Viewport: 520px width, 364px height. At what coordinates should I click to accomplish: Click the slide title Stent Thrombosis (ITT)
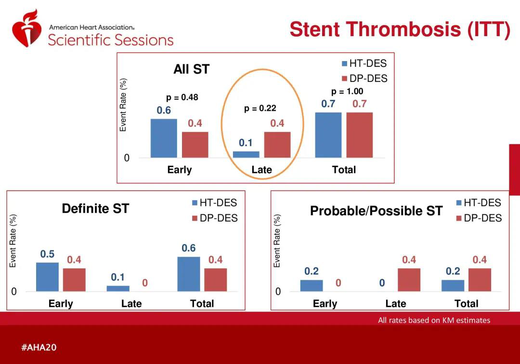tap(400, 29)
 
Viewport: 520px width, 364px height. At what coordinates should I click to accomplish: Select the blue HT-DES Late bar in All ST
tap(246, 154)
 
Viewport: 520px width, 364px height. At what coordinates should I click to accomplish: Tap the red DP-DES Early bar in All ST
tap(195, 144)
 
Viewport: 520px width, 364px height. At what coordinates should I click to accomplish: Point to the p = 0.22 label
tap(260, 108)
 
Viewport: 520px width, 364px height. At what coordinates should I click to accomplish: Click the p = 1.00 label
tap(347, 91)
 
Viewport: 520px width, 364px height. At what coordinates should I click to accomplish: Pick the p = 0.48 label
tap(182, 97)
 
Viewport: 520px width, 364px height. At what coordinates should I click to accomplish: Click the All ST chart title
tap(191, 69)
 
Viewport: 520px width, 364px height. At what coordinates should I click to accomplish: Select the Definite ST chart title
tap(95, 208)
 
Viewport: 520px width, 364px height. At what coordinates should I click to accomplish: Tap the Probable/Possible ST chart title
tap(376, 211)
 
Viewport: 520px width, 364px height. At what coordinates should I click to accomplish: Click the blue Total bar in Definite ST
tap(189, 273)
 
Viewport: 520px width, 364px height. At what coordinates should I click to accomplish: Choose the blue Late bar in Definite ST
tap(118, 288)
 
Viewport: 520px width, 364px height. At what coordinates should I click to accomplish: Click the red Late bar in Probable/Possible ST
tap(409, 279)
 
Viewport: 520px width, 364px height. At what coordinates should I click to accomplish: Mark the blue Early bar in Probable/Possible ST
tap(312, 285)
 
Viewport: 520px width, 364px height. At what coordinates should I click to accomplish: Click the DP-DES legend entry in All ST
tap(364, 78)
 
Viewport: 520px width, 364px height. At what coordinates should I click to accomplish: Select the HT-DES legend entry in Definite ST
tap(214, 203)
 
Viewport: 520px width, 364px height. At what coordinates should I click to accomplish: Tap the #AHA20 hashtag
tap(39, 347)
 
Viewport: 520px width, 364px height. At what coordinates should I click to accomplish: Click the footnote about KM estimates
tap(434, 320)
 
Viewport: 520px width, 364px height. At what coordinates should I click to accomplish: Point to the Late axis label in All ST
tap(261, 169)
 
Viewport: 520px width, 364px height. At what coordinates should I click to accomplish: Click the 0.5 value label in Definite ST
tap(47, 254)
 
